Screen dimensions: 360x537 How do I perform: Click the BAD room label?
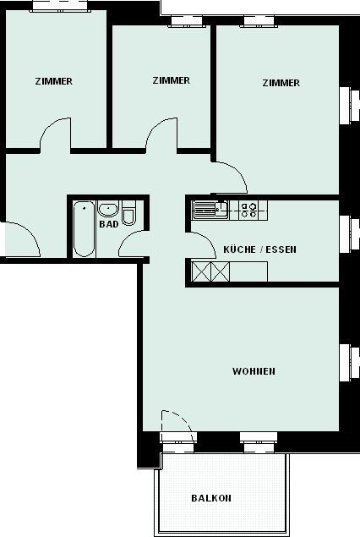pyautogui.click(x=109, y=224)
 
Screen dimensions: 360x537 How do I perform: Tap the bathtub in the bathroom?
pyautogui.click(x=84, y=228)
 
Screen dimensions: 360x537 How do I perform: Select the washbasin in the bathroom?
pyautogui.click(x=108, y=209)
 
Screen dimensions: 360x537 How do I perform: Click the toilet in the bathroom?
pyautogui.click(x=128, y=213)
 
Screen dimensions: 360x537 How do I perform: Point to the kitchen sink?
pyautogui.click(x=210, y=210)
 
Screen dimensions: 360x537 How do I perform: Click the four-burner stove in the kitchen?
pyautogui.click(x=248, y=210)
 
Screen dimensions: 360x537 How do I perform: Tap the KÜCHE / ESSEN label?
pyautogui.click(x=259, y=249)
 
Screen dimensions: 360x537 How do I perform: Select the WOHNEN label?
pyautogui.click(x=254, y=371)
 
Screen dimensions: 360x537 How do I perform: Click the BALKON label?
pyautogui.click(x=211, y=498)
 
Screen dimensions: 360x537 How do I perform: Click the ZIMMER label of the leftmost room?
pyautogui.click(x=54, y=81)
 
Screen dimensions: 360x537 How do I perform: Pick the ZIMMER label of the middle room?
pyautogui.click(x=171, y=80)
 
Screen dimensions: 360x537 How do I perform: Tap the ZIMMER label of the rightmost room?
pyautogui.click(x=281, y=83)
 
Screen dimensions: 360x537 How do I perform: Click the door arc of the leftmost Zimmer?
pyautogui.click(x=47, y=128)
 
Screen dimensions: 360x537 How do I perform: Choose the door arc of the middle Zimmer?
pyautogui.click(x=153, y=128)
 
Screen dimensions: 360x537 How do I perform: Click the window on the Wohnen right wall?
pyautogui.click(x=349, y=363)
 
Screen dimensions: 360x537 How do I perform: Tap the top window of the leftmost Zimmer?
pyautogui.click(x=60, y=6)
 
